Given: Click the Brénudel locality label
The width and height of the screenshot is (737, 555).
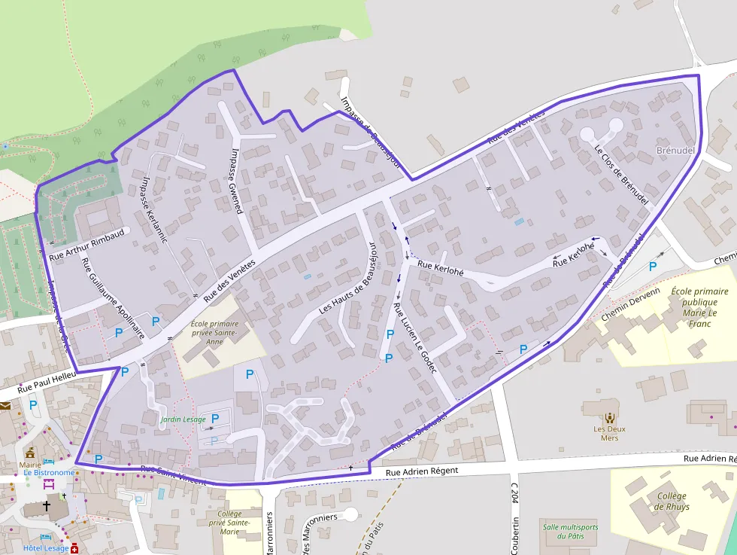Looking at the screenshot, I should pos(675,151).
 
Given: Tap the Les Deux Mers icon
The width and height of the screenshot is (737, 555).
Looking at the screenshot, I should pos(609,416).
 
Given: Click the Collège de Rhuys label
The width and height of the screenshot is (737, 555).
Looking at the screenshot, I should pos(672,501).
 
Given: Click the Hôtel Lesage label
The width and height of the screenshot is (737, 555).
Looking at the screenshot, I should pos(46,548).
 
